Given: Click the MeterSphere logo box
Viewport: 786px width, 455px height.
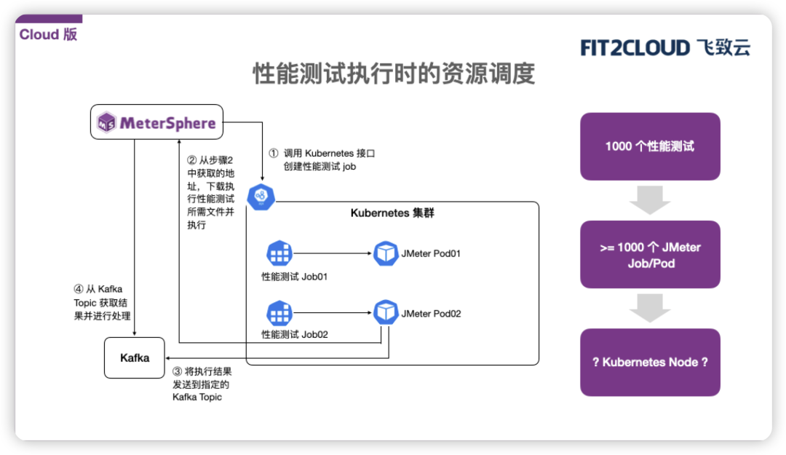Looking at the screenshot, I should click(x=156, y=122).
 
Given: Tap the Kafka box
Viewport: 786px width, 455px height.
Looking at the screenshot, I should click(x=135, y=357).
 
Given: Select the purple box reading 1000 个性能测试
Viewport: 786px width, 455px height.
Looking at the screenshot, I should click(x=650, y=146).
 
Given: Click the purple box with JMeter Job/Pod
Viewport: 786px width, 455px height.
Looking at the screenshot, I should click(x=650, y=255).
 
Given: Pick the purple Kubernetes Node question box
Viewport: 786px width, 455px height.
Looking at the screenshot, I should click(x=650, y=362).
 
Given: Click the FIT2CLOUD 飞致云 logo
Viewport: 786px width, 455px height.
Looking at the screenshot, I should click(x=664, y=48).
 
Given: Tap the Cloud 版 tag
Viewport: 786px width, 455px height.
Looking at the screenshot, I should click(x=48, y=34).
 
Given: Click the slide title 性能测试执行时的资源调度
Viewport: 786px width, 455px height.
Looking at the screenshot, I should click(x=393, y=74).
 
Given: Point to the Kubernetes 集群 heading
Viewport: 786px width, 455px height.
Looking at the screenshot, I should click(x=392, y=213).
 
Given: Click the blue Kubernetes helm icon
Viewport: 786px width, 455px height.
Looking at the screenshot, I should click(x=261, y=197).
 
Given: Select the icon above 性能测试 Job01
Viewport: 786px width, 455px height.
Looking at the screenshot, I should click(x=279, y=253).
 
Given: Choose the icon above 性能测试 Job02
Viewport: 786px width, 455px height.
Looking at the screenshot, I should click(x=279, y=313).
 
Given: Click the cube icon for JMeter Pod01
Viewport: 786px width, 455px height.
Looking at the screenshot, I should click(x=386, y=253).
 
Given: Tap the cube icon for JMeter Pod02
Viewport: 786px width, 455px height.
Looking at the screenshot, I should click(x=386, y=312).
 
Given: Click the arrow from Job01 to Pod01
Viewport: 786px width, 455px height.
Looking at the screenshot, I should click(x=332, y=253).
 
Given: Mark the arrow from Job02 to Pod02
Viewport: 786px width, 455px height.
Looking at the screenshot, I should click(x=332, y=313).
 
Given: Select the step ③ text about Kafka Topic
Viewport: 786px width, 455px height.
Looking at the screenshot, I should click(x=202, y=384).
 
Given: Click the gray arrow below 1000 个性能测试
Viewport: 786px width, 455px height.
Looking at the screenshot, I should click(x=650, y=200).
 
